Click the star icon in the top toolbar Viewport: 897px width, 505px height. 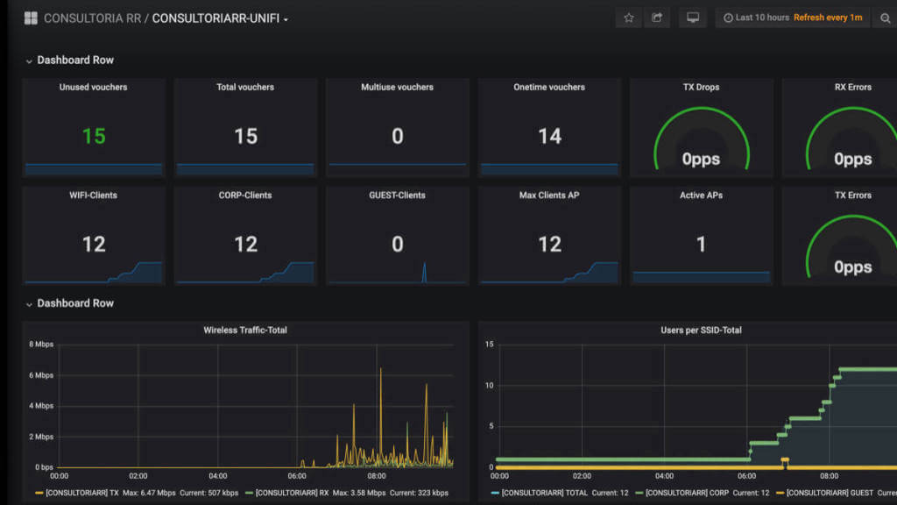629,18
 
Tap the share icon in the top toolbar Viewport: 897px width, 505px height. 657,18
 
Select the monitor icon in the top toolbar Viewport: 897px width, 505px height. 693,18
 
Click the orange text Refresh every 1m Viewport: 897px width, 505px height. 828,18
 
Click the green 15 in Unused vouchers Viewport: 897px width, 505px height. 94,136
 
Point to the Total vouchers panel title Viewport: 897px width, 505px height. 245,87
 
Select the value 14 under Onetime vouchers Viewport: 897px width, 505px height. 549,136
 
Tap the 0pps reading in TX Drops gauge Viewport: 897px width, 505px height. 701,160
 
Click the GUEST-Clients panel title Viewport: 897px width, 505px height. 397,196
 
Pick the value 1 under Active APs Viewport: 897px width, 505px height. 702,245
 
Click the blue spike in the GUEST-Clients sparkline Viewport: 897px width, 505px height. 424,272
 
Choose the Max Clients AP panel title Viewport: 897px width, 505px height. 549,196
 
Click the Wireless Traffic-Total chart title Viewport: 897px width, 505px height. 245,331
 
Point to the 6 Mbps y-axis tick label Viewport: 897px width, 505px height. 41,375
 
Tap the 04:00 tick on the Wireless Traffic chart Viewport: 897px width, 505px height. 218,476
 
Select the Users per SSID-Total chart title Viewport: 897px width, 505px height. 701,331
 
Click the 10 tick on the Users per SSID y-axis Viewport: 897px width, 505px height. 489,386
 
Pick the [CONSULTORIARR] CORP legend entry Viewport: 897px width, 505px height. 682,493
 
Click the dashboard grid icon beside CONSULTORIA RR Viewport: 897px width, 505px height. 31,18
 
